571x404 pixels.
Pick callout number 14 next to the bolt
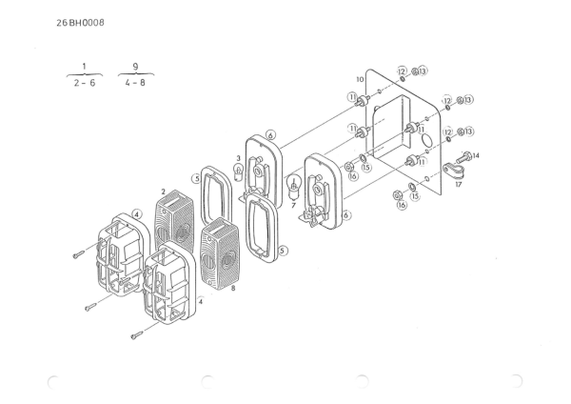pos(475,154)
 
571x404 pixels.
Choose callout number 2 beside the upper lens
pos(164,191)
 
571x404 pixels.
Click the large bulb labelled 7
pos(297,187)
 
